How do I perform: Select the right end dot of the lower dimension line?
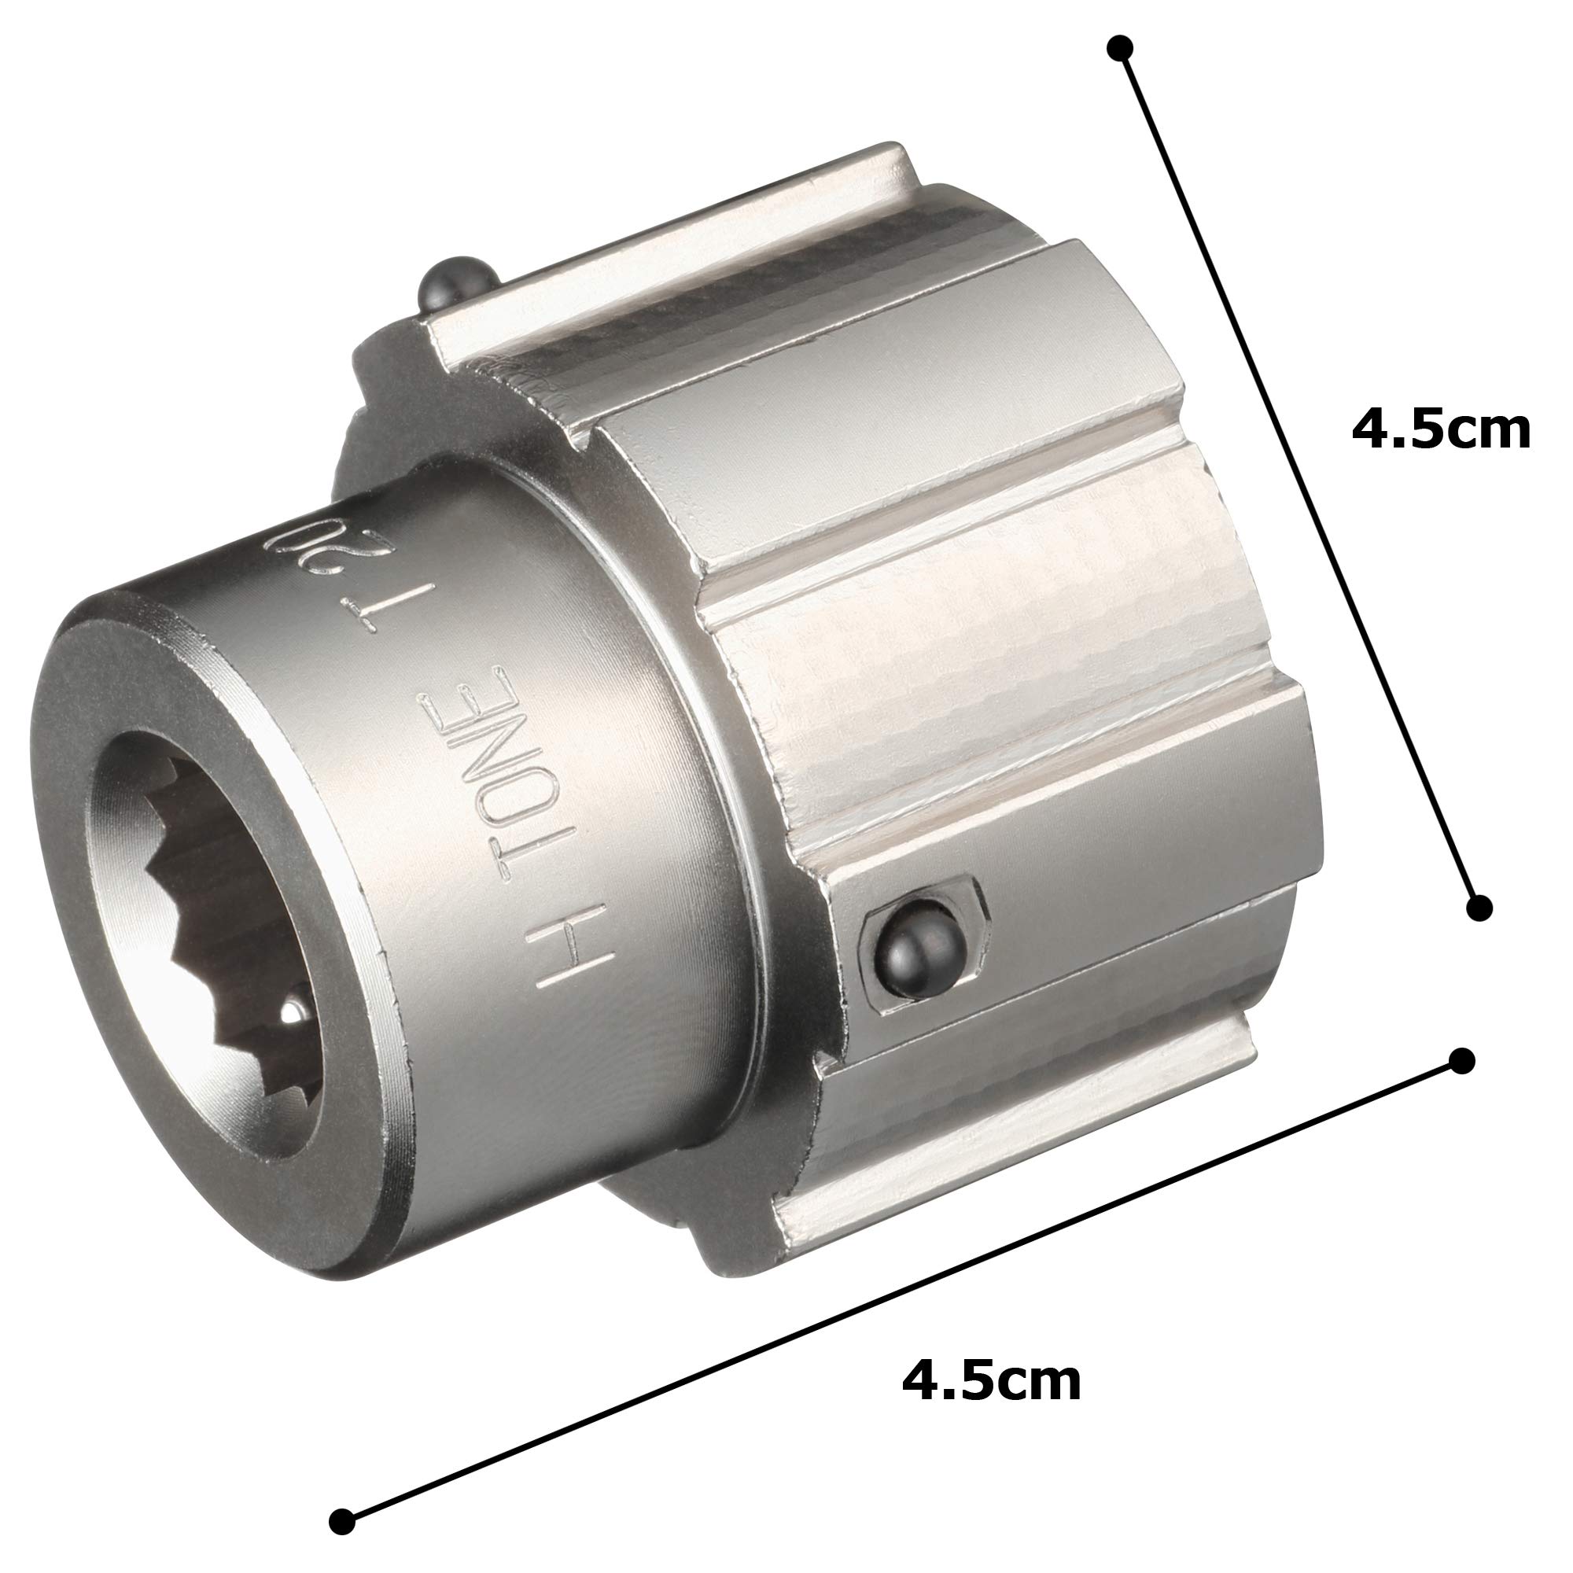tap(1462, 1061)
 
